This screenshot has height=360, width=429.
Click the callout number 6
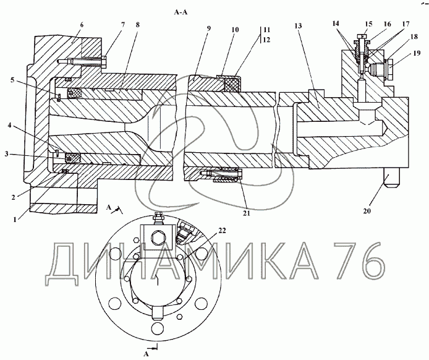coord(82,25)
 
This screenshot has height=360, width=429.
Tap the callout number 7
coord(123,25)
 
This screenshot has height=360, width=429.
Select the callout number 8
coord(137,25)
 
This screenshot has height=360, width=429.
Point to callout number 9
coord(209,28)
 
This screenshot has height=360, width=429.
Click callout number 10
coord(236,30)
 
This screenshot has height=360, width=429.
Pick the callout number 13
coord(298,26)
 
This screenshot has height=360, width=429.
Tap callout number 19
coord(417,53)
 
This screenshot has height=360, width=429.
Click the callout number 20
coord(367,211)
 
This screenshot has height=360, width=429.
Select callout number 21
coord(247,213)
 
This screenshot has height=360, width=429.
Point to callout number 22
coord(222,231)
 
